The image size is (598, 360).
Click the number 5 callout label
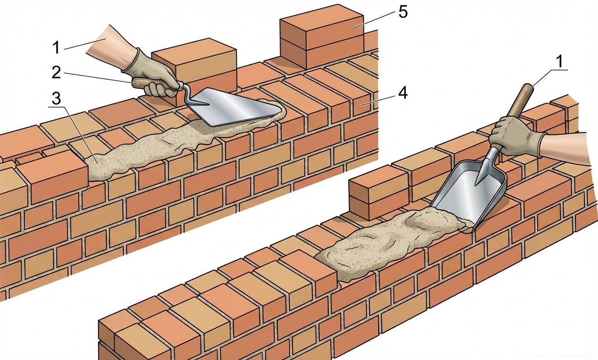403,12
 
